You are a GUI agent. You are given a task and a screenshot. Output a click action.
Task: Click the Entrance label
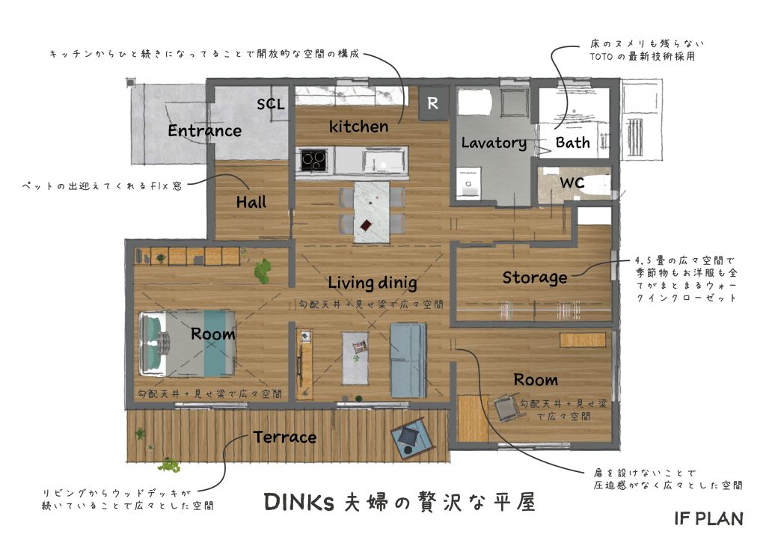click(205, 130)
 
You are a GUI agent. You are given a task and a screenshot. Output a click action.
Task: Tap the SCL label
click(271, 104)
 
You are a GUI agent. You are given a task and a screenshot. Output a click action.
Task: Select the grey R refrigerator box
click(433, 103)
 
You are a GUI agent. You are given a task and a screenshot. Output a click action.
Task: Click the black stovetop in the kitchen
click(313, 159)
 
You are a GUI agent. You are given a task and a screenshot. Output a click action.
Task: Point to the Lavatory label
click(494, 143)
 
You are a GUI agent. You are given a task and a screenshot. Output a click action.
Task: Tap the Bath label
click(572, 143)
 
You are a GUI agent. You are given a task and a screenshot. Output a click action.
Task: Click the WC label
click(572, 182)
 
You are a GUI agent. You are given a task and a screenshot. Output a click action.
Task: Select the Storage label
click(535, 277)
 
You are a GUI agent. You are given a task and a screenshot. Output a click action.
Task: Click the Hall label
click(251, 202)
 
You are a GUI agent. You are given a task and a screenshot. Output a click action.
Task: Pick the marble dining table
click(372, 212)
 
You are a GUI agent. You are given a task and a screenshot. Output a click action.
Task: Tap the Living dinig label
click(373, 282)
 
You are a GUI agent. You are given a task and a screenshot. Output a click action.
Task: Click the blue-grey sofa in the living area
click(408, 360)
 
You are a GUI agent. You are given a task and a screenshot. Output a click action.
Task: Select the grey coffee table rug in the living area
click(355, 358)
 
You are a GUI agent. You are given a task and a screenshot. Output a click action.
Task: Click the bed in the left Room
click(187, 344)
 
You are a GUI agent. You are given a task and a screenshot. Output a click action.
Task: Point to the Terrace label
click(285, 437)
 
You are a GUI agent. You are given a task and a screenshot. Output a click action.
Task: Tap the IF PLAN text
click(709, 518)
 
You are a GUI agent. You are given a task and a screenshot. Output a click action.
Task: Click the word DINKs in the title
click(299, 502)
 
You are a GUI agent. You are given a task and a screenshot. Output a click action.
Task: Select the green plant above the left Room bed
click(263, 270)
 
